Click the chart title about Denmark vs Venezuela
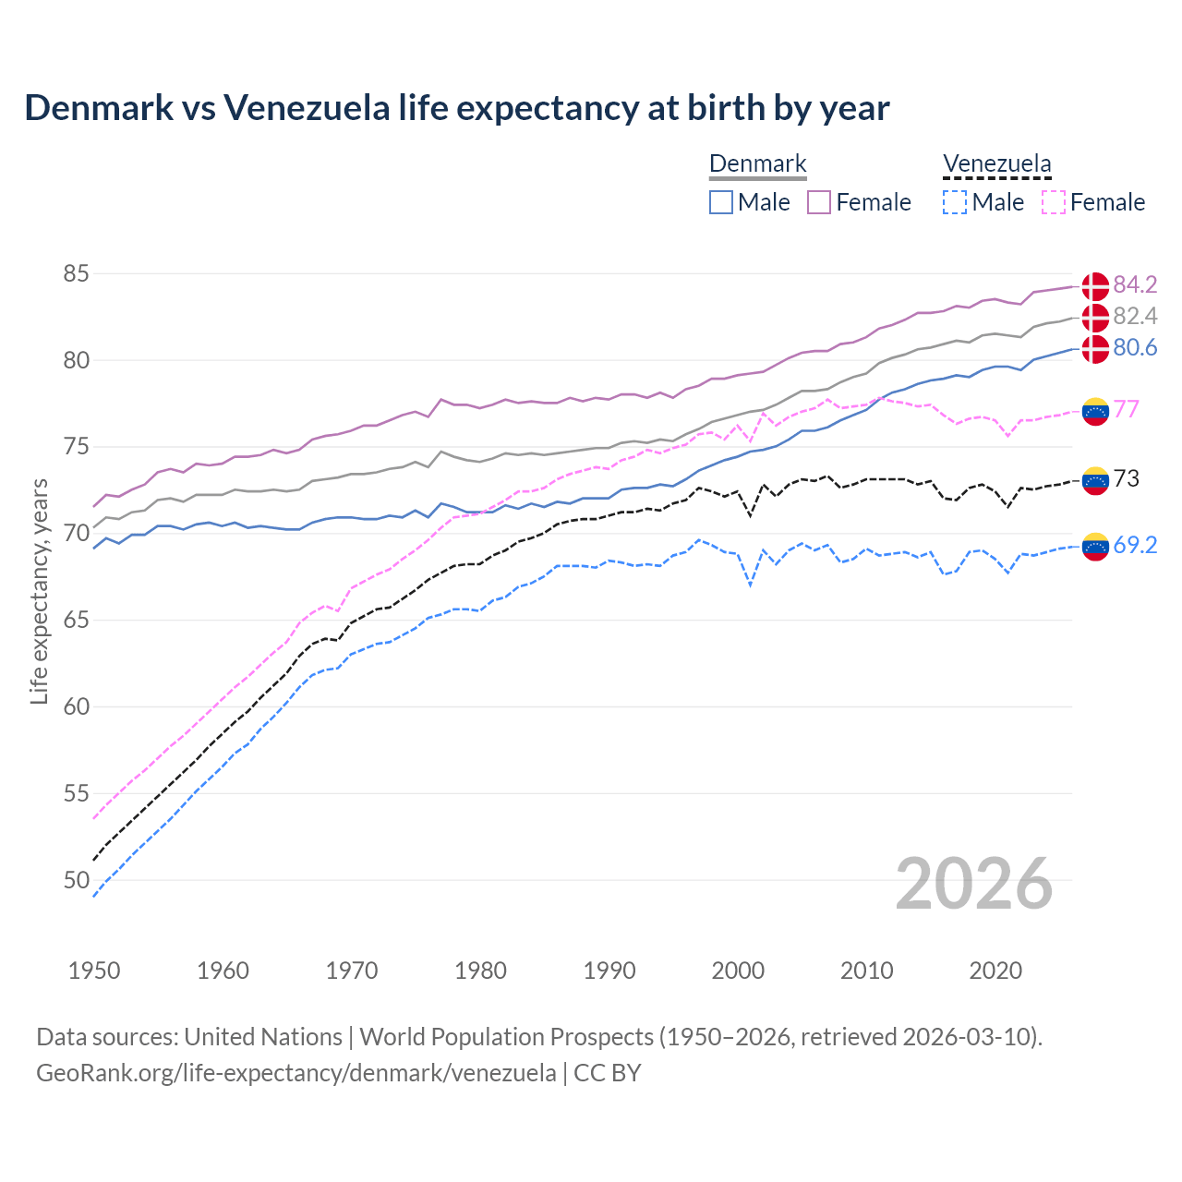456,108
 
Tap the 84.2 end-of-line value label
1135,284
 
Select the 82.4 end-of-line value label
1135,317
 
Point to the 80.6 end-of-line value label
1135,348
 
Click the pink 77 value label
1127,409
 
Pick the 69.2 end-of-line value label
1135,546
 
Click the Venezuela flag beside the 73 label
1095,480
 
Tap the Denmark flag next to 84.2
1095,286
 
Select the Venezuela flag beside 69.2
1095,547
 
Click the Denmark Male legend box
721,202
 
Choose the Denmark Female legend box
819,202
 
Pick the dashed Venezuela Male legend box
955,202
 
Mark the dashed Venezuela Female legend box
1053,202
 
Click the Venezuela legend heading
996,164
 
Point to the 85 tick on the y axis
76,274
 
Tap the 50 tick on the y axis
76,881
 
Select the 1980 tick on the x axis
480,971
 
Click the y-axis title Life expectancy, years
39,591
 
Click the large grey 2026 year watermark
973,884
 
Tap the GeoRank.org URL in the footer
295,1073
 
